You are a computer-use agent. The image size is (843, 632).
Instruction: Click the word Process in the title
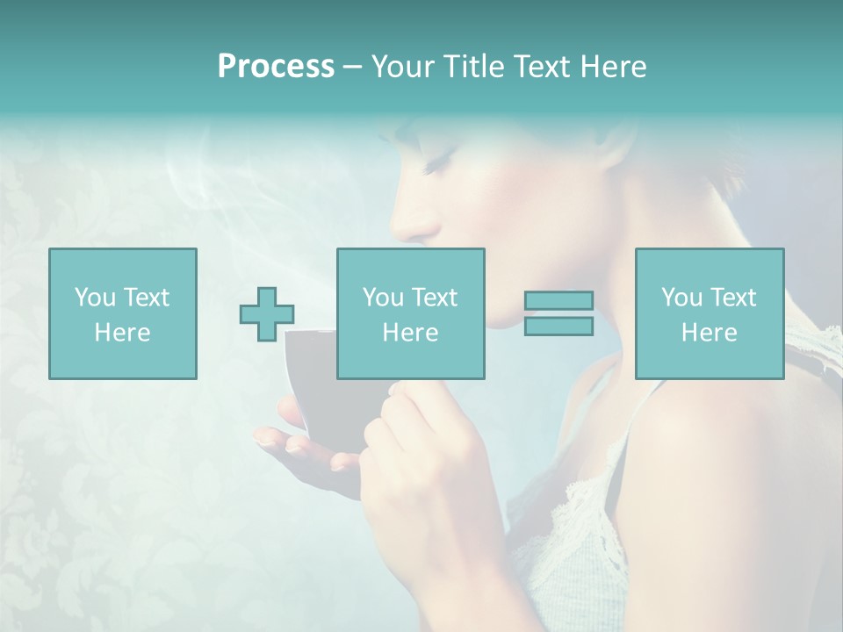point(276,67)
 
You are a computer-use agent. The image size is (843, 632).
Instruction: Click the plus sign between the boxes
point(267,313)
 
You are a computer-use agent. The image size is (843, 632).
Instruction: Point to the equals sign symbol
point(558,313)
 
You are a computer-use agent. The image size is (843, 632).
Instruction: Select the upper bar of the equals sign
point(558,301)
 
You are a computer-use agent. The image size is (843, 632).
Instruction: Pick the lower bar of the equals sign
point(558,327)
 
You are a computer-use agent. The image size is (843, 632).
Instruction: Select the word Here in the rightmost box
point(710,333)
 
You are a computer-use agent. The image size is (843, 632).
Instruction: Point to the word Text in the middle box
point(435,298)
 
